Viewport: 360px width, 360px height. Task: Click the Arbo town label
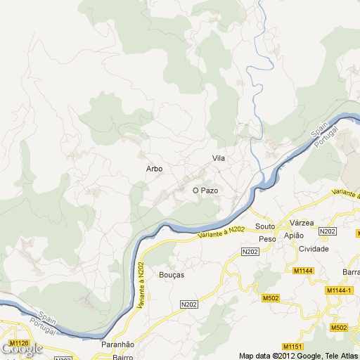click(154, 169)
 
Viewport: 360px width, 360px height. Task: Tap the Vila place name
click(219, 159)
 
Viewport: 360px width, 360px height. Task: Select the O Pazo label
click(205, 191)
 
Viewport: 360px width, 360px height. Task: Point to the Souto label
click(265, 226)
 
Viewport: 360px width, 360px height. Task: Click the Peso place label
click(267, 239)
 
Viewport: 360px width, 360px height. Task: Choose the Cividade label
click(314, 249)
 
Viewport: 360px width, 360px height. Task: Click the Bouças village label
click(172, 275)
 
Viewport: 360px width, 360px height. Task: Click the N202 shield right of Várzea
click(328, 231)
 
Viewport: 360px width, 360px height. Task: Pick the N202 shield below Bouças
click(188, 304)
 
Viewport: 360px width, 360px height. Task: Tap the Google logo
click(21, 350)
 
